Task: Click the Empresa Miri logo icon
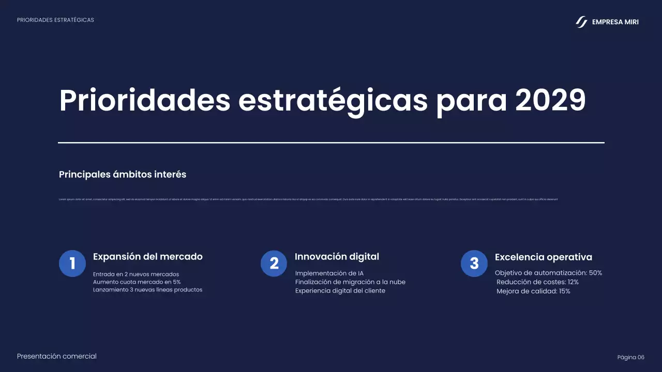(x=582, y=22)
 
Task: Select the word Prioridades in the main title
(x=144, y=100)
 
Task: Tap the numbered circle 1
(x=72, y=263)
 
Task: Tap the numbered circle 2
(x=274, y=263)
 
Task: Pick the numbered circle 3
(x=474, y=263)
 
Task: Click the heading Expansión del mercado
(x=147, y=257)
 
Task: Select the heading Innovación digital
(x=337, y=257)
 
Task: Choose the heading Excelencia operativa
(x=543, y=257)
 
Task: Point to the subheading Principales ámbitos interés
(x=123, y=175)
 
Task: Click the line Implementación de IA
(x=329, y=273)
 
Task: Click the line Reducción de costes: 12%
(x=537, y=282)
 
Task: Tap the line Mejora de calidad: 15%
(x=533, y=291)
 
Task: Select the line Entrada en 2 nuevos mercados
(x=136, y=274)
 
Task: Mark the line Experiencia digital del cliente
(x=340, y=291)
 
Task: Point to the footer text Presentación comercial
(x=57, y=356)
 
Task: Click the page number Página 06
(x=630, y=358)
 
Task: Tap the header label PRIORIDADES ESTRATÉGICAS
(x=55, y=20)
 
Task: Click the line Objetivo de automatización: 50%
(x=548, y=273)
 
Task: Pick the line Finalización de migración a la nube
(x=350, y=282)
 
